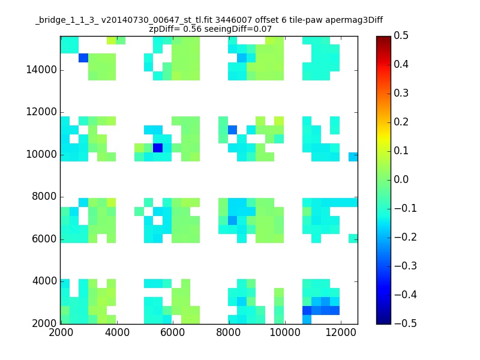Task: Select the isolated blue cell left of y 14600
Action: coord(83,58)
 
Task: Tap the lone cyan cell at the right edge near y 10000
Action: coord(353,157)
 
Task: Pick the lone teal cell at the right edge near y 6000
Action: coord(353,238)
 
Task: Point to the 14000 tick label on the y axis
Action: coord(41,70)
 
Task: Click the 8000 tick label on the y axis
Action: coord(44,197)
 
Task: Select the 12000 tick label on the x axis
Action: coord(341,332)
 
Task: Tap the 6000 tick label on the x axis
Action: coord(173,332)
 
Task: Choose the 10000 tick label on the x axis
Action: coord(285,332)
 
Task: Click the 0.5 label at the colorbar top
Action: coord(401,35)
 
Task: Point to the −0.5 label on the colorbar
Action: coord(406,323)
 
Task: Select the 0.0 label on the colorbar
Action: coord(401,179)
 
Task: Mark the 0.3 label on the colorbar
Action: coord(401,93)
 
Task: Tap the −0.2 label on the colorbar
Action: coord(406,237)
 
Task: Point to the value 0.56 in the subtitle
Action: coord(192,29)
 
